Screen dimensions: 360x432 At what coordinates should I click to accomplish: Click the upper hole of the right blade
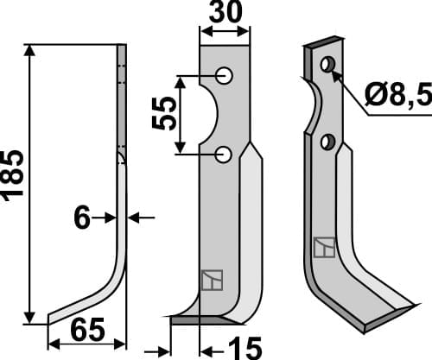(x=327, y=65)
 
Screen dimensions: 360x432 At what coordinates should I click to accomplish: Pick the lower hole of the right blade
(x=327, y=141)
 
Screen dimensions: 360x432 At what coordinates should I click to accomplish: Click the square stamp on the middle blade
(x=211, y=281)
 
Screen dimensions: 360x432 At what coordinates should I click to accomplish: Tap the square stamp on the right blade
(x=323, y=249)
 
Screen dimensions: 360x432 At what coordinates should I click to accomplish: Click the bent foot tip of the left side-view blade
(x=54, y=316)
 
